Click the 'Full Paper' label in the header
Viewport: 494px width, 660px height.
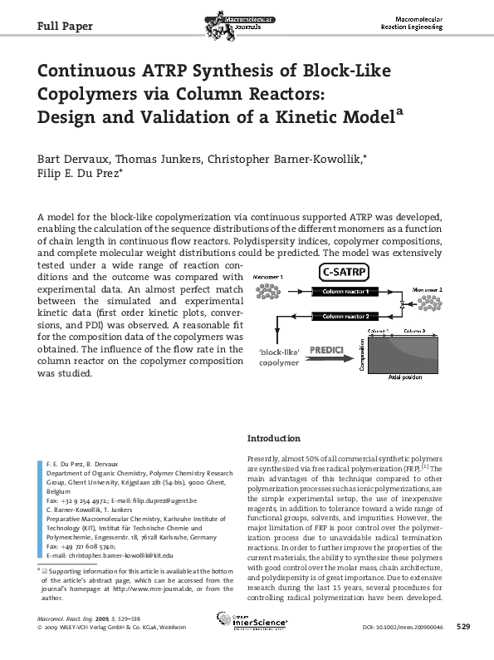tap(65, 27)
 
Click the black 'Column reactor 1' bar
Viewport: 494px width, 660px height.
tap(345, 292)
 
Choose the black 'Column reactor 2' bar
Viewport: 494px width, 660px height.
tap(345, 317)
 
